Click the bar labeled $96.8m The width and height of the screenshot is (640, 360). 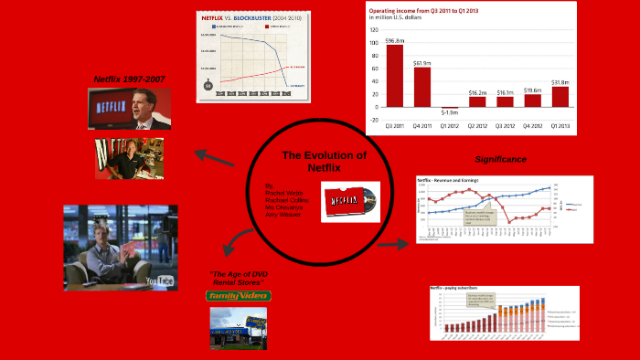[x=395, y=75]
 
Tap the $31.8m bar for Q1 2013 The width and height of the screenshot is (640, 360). [x=560, y=96]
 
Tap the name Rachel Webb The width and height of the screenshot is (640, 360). [x=270, y=191]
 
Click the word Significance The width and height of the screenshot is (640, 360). [x=500, y=159]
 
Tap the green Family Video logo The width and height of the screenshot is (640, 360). [x=237, y=296]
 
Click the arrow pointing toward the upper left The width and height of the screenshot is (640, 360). [x=212, y=160]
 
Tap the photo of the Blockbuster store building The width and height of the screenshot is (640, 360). [x=237, y=330]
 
